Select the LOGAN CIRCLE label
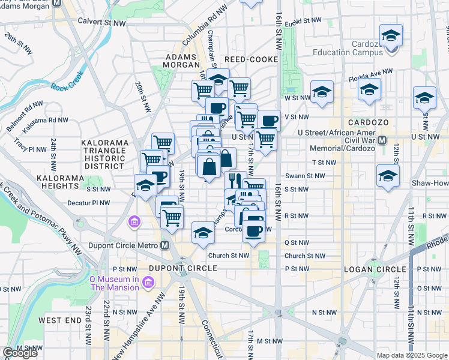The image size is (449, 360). coord(368,269)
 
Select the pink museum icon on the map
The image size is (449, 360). coord(133,223)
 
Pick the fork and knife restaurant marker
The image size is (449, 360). coord(235,180)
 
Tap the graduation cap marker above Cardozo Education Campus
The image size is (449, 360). coord(391,36)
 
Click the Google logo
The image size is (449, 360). coord(20,353)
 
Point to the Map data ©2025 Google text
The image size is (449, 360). coord(412,355)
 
